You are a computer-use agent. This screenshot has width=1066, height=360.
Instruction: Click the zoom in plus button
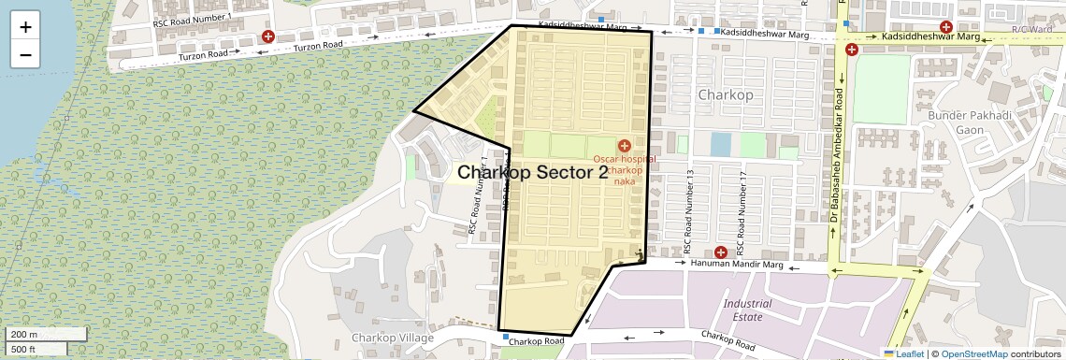(25, 26)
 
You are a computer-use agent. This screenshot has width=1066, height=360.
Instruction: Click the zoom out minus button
(25, 54)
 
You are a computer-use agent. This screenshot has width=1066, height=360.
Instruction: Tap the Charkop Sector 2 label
(532, 173)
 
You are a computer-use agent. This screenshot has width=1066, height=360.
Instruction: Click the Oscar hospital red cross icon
(624, 146)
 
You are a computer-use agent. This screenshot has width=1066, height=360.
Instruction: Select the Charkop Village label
(392, 338)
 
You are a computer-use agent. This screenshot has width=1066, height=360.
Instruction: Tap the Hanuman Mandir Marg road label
(736, 265)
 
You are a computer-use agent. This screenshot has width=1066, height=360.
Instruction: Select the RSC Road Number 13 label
(688, 213)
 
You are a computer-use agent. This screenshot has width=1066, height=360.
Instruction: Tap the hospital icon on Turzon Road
(268, 36)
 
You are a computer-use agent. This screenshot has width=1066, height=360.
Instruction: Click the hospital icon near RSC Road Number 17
(720, 252)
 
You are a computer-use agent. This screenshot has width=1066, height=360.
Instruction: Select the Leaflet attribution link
(905, 353)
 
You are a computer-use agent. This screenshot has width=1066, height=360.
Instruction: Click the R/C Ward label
(1030, 30)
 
